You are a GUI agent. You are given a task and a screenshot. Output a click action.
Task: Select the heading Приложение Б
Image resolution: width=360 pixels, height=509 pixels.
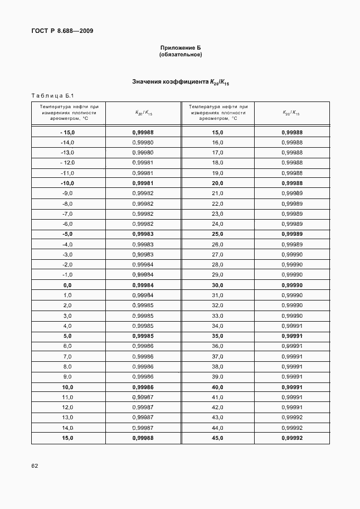tap(180, 48)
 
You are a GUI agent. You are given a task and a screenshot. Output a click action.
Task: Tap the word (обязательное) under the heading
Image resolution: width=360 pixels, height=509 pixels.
tap(180, 55)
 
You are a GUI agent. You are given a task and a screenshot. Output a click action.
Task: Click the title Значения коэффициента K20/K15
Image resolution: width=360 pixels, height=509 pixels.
tap(181, 82)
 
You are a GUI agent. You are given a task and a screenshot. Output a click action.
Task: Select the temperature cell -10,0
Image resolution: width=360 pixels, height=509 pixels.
tap(67, 183)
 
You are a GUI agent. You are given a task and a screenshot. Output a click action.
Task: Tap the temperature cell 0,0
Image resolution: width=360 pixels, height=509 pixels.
tap(67, 285)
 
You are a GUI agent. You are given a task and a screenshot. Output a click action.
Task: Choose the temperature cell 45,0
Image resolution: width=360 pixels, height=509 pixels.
tap(217, 438)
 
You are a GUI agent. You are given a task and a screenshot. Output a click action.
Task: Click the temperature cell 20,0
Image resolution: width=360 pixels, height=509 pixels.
tap(217, 183)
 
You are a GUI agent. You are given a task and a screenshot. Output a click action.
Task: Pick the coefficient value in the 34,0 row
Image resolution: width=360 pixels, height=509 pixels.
tap(291, 326)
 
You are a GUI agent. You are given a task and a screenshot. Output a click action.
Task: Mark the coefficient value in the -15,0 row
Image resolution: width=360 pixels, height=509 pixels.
tap(143, 132)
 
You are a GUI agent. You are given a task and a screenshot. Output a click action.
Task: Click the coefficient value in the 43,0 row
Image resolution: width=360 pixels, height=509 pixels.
tap(291, 418)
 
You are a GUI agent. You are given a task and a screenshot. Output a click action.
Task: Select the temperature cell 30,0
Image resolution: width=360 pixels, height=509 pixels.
tap(217, 285)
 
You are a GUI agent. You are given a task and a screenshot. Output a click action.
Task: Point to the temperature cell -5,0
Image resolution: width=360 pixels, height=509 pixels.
tap(67, 234)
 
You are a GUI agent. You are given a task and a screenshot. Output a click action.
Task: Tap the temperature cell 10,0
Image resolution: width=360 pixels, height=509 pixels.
tap(67, 387)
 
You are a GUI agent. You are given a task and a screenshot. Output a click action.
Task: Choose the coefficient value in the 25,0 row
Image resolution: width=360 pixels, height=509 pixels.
tap(291, 234)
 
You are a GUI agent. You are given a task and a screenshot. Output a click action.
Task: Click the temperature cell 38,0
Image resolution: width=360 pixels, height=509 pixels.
tap(217, 366)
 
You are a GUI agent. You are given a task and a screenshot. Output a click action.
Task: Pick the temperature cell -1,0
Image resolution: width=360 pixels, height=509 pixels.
tap(67, 275)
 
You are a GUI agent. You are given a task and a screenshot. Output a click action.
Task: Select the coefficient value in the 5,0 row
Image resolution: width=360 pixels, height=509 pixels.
tap(143, 336)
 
